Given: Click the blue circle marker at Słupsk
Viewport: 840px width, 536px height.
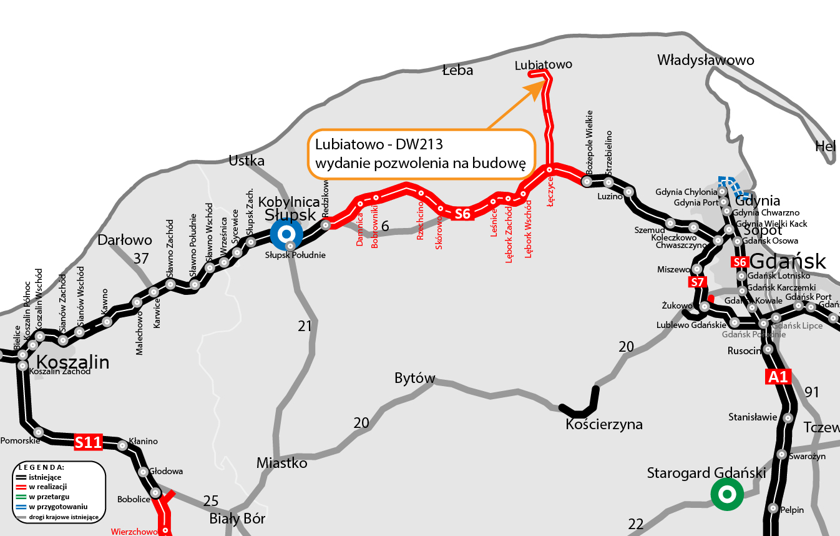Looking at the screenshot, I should [286, 234].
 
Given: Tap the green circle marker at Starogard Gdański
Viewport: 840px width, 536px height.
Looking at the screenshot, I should [726, 495].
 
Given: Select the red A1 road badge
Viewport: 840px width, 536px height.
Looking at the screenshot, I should [778, 377].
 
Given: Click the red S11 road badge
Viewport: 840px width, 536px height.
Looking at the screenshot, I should [88, 442].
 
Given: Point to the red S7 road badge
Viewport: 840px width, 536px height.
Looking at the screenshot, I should [698, 282].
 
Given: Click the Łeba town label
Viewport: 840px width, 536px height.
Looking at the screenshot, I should [457, 70].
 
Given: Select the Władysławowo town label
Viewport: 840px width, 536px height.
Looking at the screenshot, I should [705, 60].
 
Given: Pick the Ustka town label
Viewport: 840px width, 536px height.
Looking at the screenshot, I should [247, 161].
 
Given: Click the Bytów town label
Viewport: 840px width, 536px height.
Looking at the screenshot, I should [414, 378].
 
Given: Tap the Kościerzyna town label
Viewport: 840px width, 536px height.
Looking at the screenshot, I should [603, 425].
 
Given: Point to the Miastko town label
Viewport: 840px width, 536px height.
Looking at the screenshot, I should [282, 463].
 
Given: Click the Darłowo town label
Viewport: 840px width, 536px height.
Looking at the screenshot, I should [125, 240].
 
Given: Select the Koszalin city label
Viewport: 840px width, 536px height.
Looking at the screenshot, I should [73, 362].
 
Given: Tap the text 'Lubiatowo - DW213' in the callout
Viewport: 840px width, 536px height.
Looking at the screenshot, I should [379, 145].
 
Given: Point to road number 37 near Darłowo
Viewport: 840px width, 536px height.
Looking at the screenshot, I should [141, 257].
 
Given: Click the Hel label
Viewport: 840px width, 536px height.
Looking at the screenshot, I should [825, 146].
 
